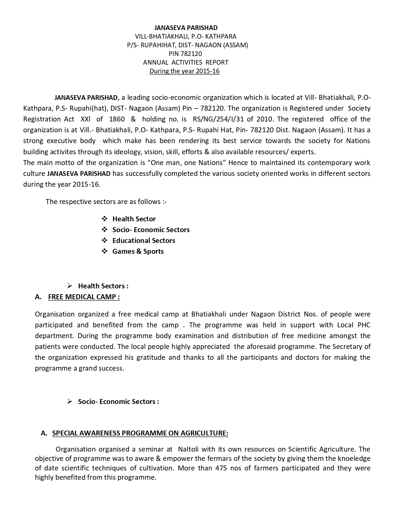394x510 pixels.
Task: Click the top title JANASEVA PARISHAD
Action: (x=186, y=28)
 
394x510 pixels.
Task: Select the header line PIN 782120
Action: (x=185, y=53)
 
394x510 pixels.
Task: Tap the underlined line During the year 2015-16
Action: (x=184, y=71)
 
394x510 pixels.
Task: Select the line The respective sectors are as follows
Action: (x=106, y=202)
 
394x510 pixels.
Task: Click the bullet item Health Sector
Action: (x=134, y=219)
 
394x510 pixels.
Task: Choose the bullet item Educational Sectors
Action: (x=144, y=240)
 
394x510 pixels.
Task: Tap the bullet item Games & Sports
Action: (x=138, y=251)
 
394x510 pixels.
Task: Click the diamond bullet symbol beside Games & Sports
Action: (x=104, y=251)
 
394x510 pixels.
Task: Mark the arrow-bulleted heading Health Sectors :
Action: (x=103, y=286)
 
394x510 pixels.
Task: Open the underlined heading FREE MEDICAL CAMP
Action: (x=84, y=297)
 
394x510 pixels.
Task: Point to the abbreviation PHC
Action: (x=364, y=325)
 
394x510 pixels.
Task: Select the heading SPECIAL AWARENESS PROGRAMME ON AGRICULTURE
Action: (x=140, y=433)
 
